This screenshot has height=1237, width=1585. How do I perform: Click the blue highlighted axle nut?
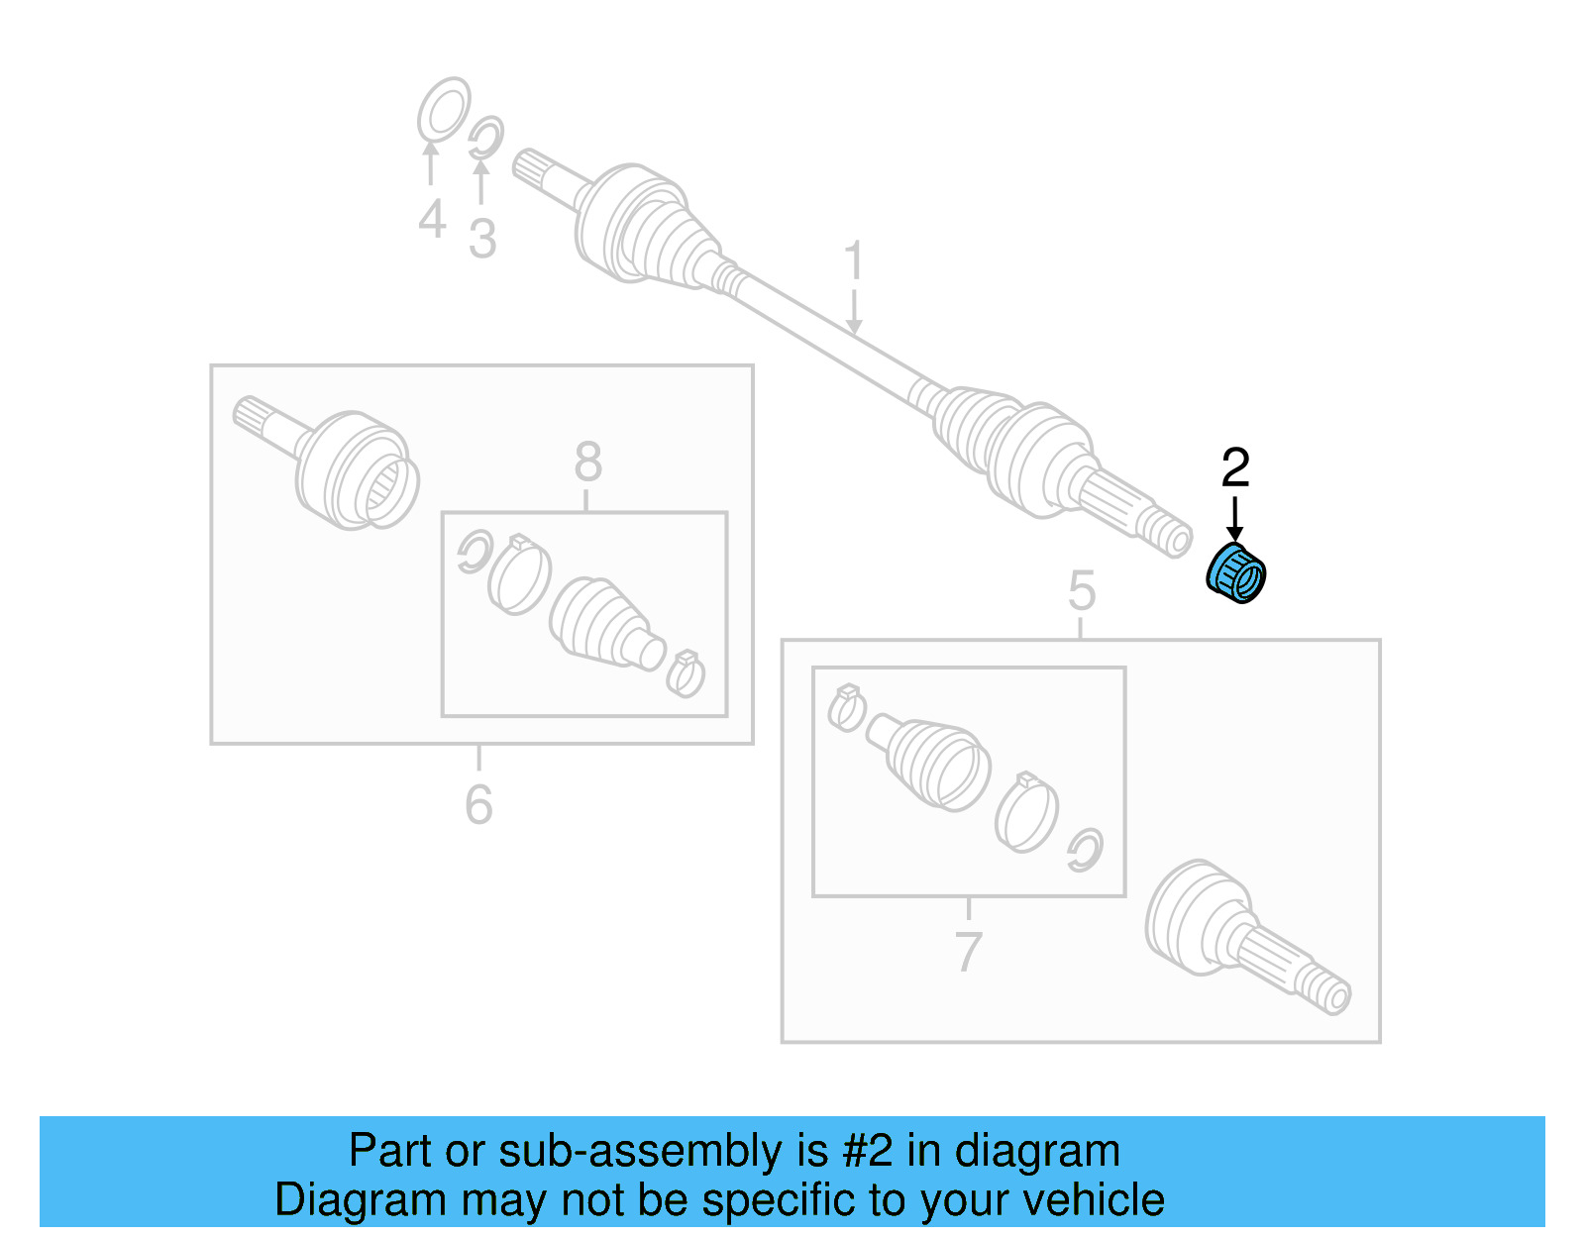(x=1236, y=574)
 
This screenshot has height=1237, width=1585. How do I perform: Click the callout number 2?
(x=1235, y=468)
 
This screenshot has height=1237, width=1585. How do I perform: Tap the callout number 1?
(x=854, y=261)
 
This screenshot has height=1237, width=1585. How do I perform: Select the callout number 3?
(x=482, y=239)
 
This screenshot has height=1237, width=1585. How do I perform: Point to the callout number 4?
(x=432, y=219)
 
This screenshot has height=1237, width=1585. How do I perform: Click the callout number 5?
(x=1082, y=591)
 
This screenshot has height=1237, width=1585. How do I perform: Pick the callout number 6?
(x=478, y=803)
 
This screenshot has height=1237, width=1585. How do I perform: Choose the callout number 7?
(x=968, y=952)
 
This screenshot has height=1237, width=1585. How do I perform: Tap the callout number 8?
(x=587, y=462)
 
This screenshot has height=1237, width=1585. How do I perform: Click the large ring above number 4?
(x=443, y=109)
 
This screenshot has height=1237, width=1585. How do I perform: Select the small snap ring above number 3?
(x=485, y=138)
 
